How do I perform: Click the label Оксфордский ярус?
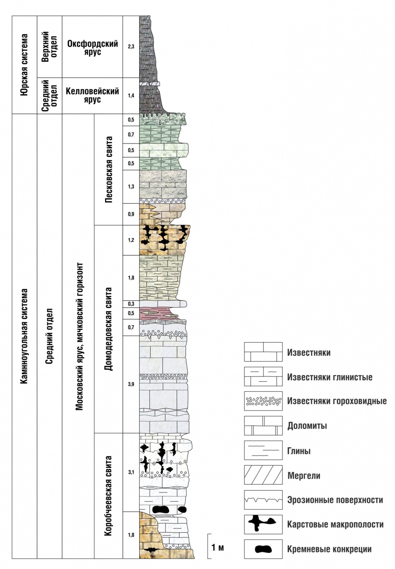(92, 48)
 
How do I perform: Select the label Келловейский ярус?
(92, 95)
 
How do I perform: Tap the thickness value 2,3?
(131, 46)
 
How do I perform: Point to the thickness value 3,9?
(131, 384)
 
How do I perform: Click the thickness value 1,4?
(131, 95)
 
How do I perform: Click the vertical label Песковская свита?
(109, 169)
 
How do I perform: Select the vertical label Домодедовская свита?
(109, 329)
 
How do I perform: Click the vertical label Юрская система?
(24, 65)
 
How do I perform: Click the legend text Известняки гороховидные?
(337, 401)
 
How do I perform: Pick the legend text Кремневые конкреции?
(329, 549)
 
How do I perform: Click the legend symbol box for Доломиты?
(263, 426)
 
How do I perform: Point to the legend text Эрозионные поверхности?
(335, 500)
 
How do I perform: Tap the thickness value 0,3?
(131, 304)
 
